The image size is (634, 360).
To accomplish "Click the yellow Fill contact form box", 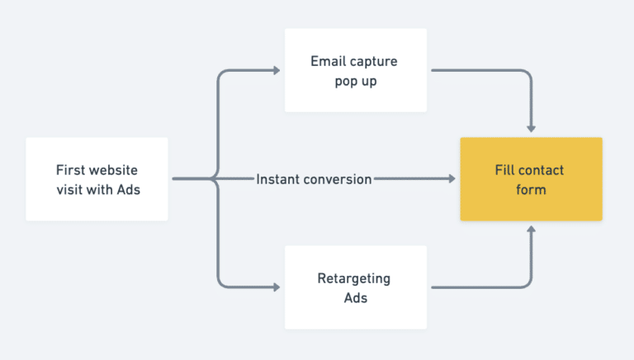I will click(x=531, y=179).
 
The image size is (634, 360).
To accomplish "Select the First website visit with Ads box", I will click(x=97, y=179).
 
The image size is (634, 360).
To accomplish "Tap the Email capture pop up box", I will click(x=356, y=71).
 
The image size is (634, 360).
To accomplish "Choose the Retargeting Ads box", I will click(x=356, y=287).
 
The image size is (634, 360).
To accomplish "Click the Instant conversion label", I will click(x=314, y=179).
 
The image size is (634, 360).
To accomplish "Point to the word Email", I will click(x=329, y=61).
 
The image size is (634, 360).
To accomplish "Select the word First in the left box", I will click(x=70, y=170).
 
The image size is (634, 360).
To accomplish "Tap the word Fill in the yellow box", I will click(x=506, y=170).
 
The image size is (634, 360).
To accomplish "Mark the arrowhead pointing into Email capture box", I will click(x=276, y=71).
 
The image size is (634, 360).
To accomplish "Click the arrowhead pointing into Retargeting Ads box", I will click(x=276, y=287).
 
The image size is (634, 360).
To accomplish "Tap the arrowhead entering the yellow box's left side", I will click(x=451, y=179).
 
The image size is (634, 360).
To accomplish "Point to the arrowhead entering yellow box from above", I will click(x=531, y=128).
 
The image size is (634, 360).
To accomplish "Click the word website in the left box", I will click(x=113, y=170).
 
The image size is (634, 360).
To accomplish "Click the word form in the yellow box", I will click(x=531, y=189).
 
